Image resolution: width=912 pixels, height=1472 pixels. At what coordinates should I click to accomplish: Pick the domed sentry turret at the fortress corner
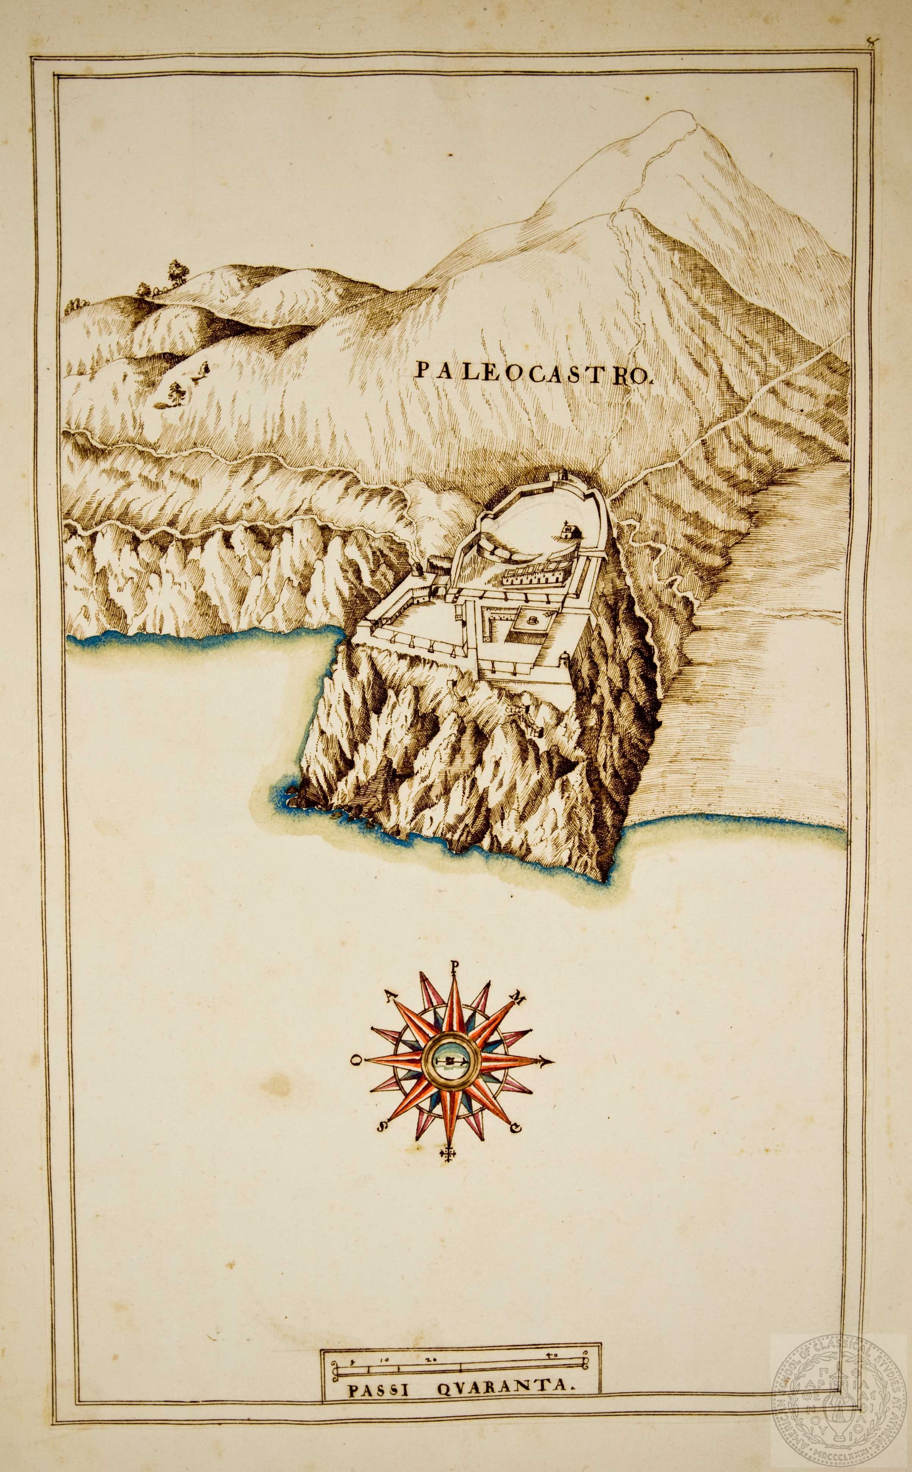(x=564, y=657)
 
